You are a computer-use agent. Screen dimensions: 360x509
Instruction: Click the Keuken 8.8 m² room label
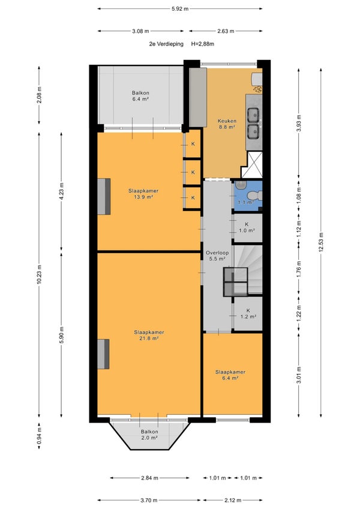pos(227,124)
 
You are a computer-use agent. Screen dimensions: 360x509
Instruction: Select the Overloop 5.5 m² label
pos(217,256)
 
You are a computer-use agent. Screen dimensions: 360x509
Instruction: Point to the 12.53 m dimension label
pos(320,242)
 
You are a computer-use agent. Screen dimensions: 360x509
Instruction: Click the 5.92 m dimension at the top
pos(180,9)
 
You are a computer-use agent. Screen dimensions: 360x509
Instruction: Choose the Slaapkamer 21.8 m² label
pos(149,335)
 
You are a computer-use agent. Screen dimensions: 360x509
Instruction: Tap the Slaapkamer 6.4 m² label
pos(230,375)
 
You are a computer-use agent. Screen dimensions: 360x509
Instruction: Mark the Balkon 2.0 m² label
pos(149,435)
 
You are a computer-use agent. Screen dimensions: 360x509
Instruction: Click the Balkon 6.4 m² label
pos(140,96)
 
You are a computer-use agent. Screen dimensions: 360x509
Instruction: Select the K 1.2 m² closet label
pos(248,314)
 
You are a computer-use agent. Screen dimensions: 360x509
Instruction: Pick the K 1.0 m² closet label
pos(247,228)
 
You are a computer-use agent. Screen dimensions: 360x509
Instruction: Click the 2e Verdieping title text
pos(166,44)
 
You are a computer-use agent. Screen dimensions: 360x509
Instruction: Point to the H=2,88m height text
pos(202,44)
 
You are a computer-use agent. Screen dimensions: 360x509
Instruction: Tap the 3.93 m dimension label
pos(299,123)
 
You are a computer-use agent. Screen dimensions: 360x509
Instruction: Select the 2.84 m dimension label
pos(149,478)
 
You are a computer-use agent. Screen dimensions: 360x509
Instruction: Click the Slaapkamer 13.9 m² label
pos(143,194)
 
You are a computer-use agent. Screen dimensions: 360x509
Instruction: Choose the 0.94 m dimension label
pos(40,436)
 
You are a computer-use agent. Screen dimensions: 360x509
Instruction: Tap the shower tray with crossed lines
pos(251,165)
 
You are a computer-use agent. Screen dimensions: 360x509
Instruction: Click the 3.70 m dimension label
pos(149,500)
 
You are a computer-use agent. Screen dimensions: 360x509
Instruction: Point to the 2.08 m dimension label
pos(40,95)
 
